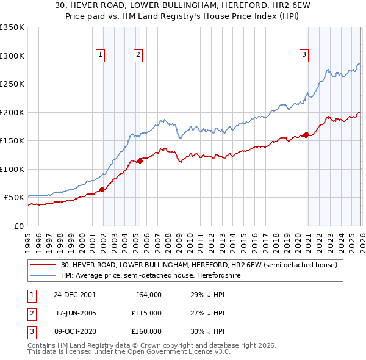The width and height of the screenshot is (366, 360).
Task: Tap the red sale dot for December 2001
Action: click(x=102, y=190)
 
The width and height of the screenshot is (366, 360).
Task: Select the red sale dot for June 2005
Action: click(x=140, y=160)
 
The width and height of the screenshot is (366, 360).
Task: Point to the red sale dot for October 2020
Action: click(x=305, y=135)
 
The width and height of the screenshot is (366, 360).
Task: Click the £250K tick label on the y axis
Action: click(x=12, y=84)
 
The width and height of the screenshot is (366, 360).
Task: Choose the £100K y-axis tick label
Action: click(x=12, y=169)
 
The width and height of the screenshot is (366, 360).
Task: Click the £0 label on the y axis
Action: click(x=18, y=226)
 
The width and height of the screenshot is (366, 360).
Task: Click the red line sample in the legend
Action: click(x=43, y=265)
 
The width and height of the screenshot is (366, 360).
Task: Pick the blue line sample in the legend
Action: click(x=43, y=275)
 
